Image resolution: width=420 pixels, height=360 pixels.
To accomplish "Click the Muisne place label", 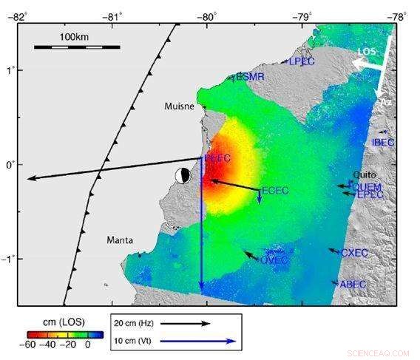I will point(178,106).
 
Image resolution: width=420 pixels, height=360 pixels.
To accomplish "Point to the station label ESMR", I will point(249,77).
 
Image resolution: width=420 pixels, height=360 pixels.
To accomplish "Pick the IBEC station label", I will point(383,142).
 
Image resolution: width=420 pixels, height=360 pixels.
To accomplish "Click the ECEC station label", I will point(275,191).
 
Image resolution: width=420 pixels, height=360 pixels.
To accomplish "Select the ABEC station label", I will point(353,284).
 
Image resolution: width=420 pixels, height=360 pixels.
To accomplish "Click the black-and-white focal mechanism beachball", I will point(182,175).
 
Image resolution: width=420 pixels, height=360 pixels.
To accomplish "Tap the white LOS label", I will point(367,51).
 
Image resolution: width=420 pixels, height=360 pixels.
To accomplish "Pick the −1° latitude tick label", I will point(9,259).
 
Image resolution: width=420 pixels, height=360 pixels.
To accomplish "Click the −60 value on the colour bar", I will point(30,344).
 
